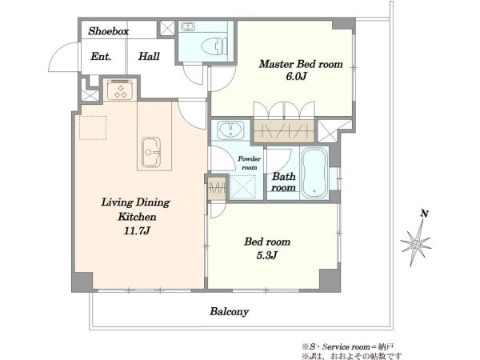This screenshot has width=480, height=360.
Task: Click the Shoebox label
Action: pyautogui.click(x=108, y=31)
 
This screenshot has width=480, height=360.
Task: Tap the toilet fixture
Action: pyautogui.click(x=214, y=46)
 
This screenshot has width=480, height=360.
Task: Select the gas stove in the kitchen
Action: pyautogui.click(x=120, y=89)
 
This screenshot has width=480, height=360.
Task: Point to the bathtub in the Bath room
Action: pyautogui.click(x=314, y=173)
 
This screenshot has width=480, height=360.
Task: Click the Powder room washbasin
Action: pyautogui.click(x=230, y=130)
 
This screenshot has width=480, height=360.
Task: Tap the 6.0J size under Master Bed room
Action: pyautogui.click(x=296, y=76)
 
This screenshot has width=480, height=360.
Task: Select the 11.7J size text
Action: pyautogui.click(x=137, y=230)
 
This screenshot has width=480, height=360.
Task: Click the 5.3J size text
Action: pyautogui.click(x=266, y=255)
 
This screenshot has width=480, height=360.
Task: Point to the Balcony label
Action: pyautogui.click(x=229, y=312)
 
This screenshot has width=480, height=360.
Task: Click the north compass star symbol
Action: pyautogui.click(x=416, y=243)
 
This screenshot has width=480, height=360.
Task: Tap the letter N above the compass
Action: pyautogui.click(x=424, y=214)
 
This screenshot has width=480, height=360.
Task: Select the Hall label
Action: pyautogui.click(x=149, y=56)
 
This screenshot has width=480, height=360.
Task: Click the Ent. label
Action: pyautogui.click(x=101, y=57)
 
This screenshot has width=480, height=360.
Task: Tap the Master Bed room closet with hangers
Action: pyautogui.click(x=284, y=130)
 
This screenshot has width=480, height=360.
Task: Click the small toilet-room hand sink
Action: pyautogui.click(x=187, y=27)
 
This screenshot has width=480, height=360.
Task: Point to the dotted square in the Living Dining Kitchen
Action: pyautogui.click(x=93, y=128)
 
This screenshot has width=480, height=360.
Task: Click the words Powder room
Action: pyautogui.click(x=250, y=163)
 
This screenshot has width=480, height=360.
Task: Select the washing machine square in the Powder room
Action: pyautogui.click(x=242, y=186)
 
